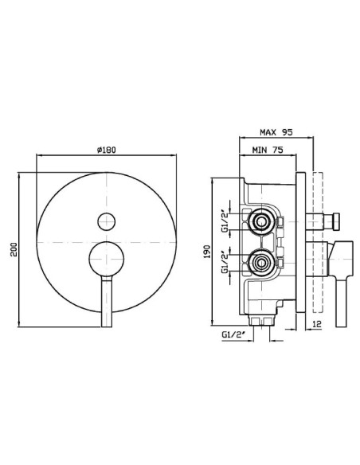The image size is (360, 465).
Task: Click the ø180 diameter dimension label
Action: point(107,150)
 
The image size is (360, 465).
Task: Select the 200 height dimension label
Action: point(14,249)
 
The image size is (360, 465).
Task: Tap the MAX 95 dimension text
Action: point(276,132)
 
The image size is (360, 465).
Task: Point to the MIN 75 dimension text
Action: point(268,150)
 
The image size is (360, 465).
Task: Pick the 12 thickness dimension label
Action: point(317,324)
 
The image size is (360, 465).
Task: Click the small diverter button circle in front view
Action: point(107,221)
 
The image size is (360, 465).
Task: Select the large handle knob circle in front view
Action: point(107,259)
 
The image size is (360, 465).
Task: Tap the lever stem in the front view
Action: point(107,301)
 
